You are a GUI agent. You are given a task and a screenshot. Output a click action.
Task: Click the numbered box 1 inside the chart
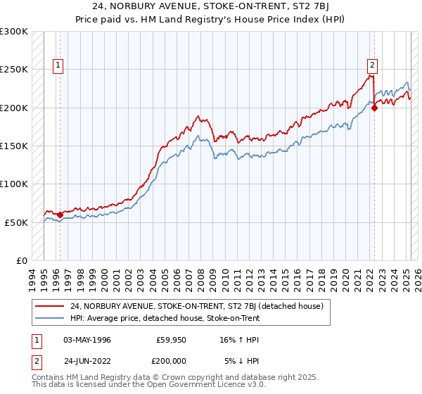(58, 67)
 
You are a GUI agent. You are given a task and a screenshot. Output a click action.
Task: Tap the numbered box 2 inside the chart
(372, 67)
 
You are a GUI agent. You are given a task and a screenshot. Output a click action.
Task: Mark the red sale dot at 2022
(375, 108)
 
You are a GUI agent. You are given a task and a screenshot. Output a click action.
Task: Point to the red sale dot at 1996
(60, 215)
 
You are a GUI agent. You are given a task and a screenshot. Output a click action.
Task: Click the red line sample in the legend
(50, 306)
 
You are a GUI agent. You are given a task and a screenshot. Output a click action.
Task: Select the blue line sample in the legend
(50, 318)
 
